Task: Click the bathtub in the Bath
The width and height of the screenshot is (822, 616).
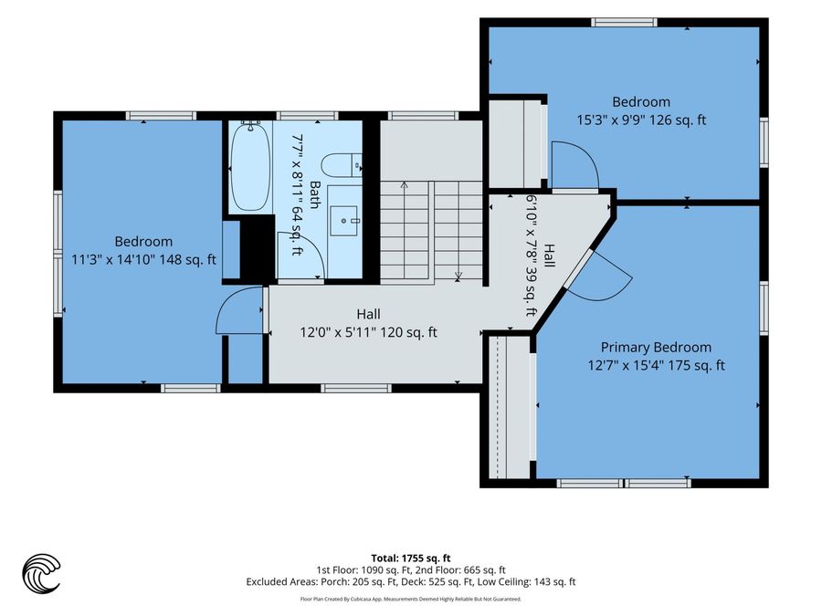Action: [250, 167]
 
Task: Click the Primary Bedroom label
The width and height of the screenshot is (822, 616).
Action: [656, 348]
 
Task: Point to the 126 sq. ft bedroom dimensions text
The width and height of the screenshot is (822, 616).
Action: [641, 120]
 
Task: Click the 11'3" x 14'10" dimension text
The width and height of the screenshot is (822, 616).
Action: [143, 259]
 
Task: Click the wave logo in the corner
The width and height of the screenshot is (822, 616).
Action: [41, 574]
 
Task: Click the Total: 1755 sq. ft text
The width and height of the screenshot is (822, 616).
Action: [411, 558]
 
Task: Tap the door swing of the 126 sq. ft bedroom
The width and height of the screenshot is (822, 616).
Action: [575, 163]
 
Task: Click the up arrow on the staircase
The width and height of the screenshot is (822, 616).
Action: [405, 231]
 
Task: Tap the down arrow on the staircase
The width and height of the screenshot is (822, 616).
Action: [458, 231]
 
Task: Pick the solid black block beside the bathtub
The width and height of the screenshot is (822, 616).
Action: [258, 247]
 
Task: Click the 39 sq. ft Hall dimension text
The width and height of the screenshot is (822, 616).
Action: [532, 256]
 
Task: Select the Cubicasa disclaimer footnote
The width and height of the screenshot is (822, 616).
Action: [410, 599]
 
